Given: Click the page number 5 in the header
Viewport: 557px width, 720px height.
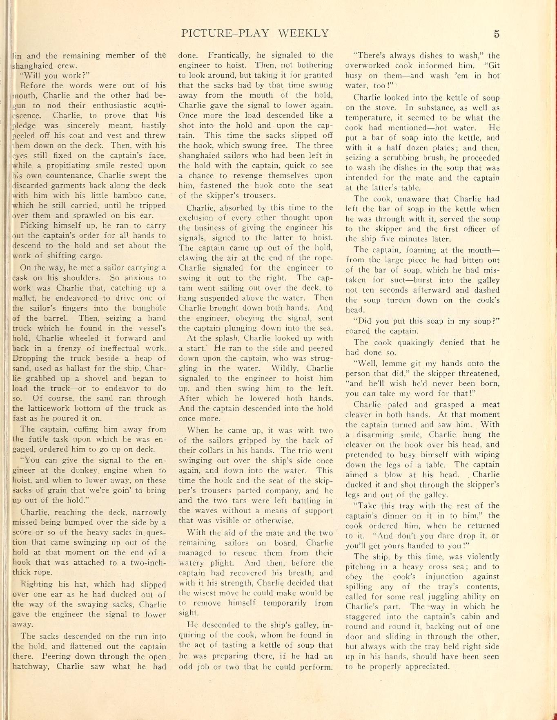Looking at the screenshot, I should click(x=496, y=34).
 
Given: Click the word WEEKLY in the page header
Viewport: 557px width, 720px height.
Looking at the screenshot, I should click(x=303, y=34).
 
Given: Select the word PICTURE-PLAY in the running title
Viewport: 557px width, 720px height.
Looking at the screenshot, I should click(x=225, y=34).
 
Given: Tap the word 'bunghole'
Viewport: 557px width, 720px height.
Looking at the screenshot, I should click(x=147, y=308).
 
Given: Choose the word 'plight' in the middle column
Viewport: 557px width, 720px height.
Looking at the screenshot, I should click(x=223, y=563).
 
